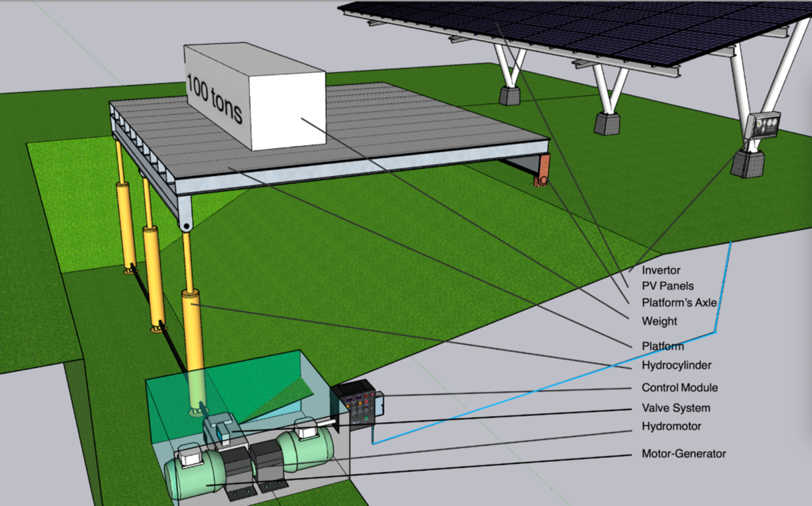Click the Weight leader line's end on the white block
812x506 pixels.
(x=301, y=119)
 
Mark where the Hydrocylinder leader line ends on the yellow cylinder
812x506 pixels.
(x=192, y=305)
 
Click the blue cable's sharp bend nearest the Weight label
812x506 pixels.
(x=715, y=332)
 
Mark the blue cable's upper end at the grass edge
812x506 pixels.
(x=730, y=242)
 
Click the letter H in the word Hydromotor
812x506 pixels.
(x=645, y=426)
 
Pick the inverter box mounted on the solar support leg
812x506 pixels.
(x=762, y=126)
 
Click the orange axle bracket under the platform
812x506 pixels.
(x=542, y=171)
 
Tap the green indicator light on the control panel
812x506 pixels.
(x=366, y=418)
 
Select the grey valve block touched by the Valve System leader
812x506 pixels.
(x=223, y=429)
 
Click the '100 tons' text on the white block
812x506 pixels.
(x=214, y=98)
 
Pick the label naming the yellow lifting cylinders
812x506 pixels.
(x=676, y=366)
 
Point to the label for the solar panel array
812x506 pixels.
(x=668, y=286)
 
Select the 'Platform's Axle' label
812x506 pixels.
(x=680, y=303)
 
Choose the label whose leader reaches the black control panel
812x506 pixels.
(x=680, y=387)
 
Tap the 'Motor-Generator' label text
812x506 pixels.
(x=684, y=454)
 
